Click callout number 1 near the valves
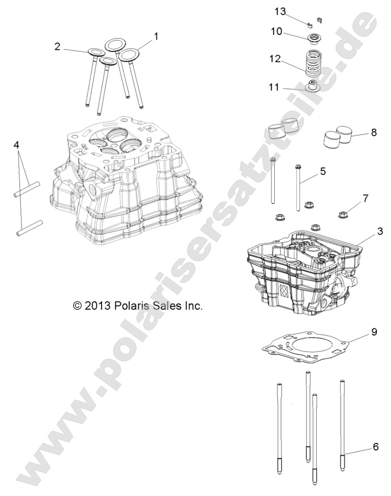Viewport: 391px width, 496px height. (156, 36)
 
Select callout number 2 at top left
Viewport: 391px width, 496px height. (58, 47)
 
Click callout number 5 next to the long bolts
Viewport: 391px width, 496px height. (322, 170)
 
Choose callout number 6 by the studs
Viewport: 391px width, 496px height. (376, 447)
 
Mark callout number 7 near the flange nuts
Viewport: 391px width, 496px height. (365, 198)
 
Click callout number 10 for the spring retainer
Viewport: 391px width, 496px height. (276, 32)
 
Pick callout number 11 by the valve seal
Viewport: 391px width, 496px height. (274, 87)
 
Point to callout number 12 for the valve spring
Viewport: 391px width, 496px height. (275, 58)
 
